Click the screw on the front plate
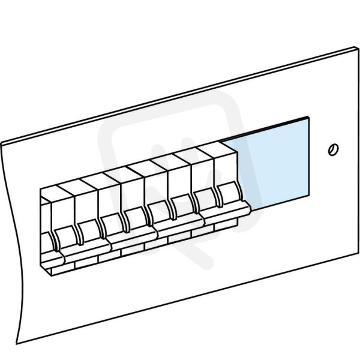(x=333, y=149)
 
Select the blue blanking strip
(x=266, y=163)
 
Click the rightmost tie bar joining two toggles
(x=226, y=213)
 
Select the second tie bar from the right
(x=179, y=226)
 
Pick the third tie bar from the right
(x=132, y=239)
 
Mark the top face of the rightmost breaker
(x=217, y=149)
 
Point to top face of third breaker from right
(x=170, y=162)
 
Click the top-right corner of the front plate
(x=359, y=48)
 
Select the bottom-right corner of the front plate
(x=359, y=253)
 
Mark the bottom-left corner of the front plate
(x=17, y=344)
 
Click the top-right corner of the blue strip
(x=308, y=118)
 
